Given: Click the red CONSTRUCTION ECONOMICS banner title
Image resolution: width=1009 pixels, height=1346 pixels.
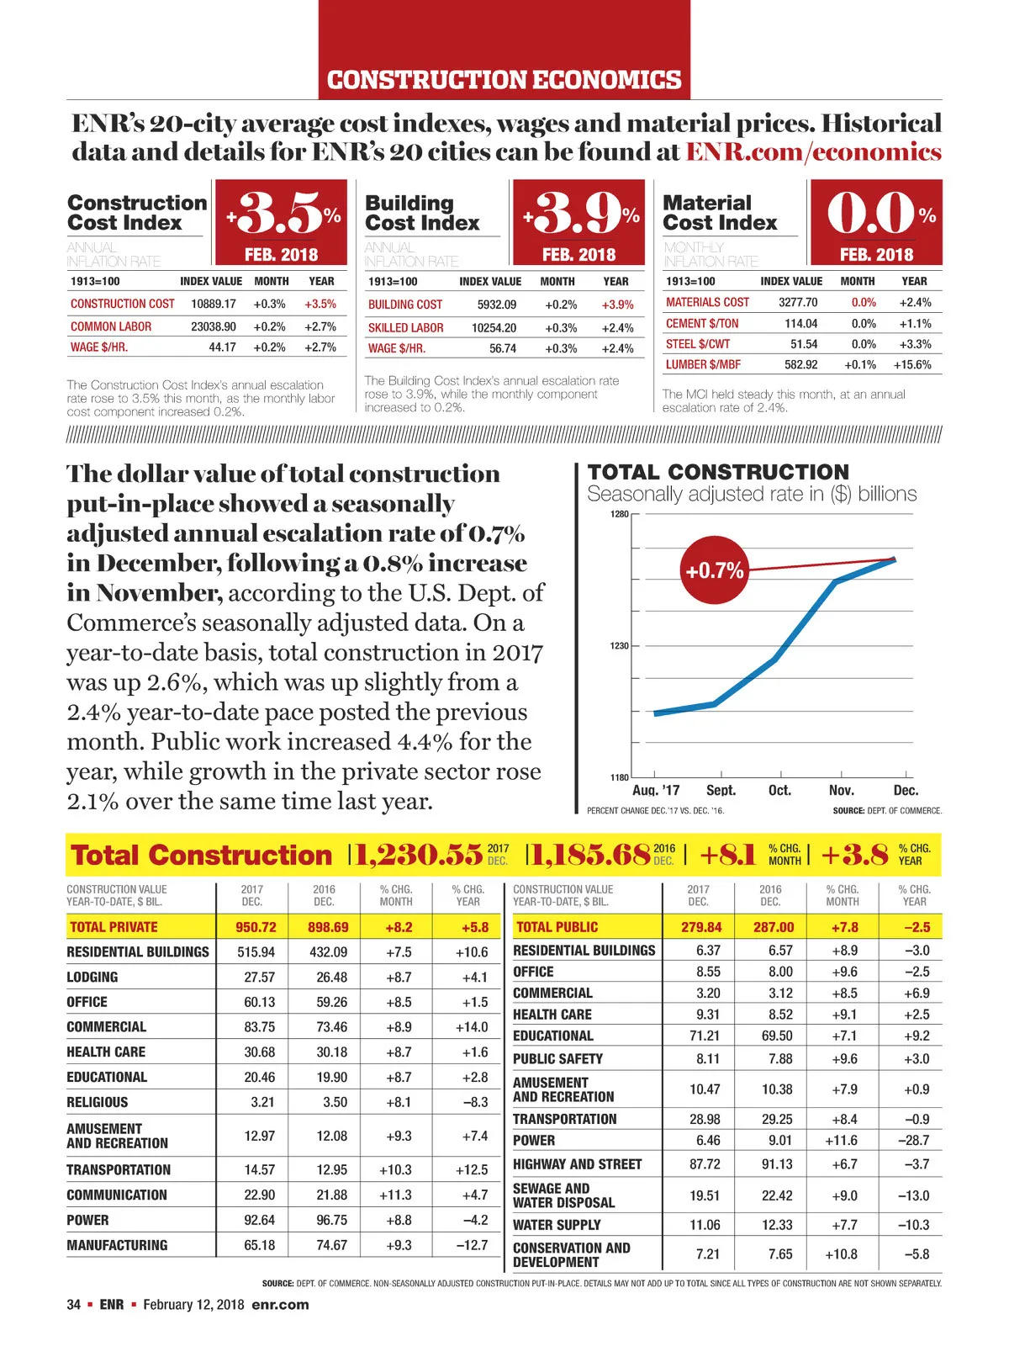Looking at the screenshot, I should point(504,80).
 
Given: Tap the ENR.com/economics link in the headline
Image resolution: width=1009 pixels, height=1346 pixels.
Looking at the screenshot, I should point(813,152).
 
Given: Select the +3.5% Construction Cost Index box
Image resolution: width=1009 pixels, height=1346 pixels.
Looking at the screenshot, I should point(281,221).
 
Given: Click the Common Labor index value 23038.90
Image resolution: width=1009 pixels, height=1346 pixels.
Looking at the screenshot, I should point(214,326).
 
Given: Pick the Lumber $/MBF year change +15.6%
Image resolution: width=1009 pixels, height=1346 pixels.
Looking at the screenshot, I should point(912,365).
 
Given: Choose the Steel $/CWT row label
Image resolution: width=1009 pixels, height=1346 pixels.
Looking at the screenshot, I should point(698,344).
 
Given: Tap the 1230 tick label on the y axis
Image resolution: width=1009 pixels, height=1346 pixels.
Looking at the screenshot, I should point(619,646).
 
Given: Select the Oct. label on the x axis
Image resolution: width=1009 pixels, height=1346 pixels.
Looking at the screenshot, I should point(779,791).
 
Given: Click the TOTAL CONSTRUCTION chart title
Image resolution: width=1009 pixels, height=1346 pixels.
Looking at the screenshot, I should point(718,472).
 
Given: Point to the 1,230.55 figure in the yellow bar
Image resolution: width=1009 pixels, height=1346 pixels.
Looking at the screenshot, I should point(418,855).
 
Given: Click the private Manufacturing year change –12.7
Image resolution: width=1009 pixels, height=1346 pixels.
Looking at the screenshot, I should point(472,1245).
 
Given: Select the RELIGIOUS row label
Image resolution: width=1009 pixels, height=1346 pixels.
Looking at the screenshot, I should point(98,1102).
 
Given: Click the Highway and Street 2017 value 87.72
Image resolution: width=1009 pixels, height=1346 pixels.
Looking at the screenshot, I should point(705,1164).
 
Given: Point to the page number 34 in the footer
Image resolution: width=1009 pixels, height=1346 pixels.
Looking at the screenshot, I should point(74,1305).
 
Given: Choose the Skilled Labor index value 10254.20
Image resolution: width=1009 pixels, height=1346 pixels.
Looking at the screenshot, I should point(494,328).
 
